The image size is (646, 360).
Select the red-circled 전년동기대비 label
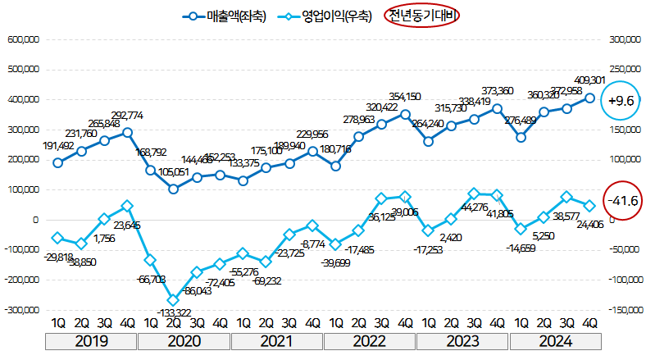423,16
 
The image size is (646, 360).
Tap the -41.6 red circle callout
621,200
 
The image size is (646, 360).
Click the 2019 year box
92,342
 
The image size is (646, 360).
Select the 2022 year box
371,342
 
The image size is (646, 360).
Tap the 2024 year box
555,342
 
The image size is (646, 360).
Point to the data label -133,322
173,312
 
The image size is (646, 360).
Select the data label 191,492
59,147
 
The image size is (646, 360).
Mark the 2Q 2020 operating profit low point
173,300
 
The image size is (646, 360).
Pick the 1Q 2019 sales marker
57,162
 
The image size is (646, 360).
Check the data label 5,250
544,234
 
